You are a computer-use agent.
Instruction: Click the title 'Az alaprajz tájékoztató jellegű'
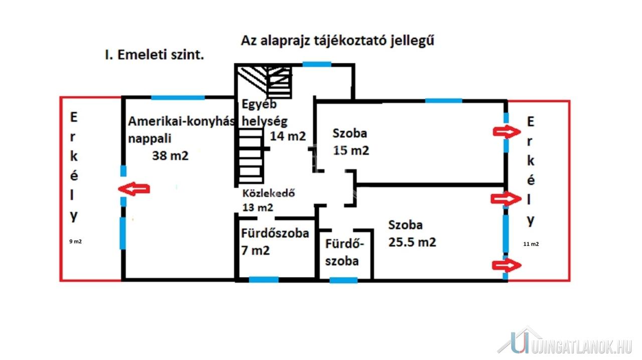[338, 41]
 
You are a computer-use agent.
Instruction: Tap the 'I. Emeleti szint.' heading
[154, 55]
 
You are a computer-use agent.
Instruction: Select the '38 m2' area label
[170, 155]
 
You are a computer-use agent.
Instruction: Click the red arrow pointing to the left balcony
[134, 189]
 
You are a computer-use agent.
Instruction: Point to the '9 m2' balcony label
[75, 241]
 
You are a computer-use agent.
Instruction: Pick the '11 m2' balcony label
[531, 244]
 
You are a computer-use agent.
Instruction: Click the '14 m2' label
[288, 136]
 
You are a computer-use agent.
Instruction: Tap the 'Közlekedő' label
[268, 193]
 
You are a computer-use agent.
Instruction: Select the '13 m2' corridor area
[258, 207]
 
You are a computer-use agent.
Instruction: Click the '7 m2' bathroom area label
[255, 251]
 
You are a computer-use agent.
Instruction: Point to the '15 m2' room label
[351, 150]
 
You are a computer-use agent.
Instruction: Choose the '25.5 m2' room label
[412, 242]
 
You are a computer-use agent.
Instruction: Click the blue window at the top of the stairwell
[316, 64]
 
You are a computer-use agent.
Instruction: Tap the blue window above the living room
[178, 97]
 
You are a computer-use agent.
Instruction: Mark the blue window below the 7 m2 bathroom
[264, 279]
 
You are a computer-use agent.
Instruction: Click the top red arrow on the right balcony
[507, 132]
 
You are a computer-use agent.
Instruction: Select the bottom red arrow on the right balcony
[507, 265]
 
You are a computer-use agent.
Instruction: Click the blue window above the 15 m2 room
[443, 101]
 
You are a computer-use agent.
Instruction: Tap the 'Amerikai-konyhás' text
[182, 121]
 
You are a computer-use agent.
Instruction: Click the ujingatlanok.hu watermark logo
[565, 341]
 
